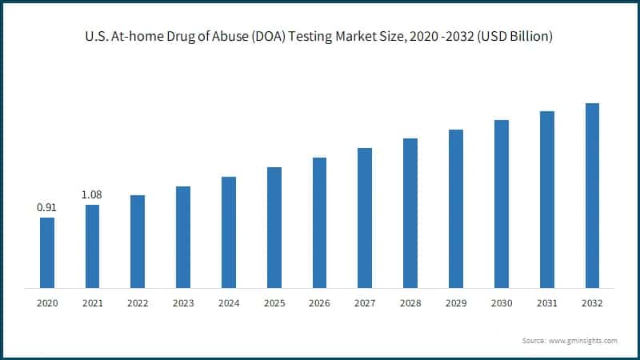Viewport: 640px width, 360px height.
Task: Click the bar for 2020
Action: click(x=47, y=252)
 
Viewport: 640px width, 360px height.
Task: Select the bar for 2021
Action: click(x=93, y=246)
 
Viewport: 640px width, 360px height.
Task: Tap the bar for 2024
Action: click(x=229, y=232)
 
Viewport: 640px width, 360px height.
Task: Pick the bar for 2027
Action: click(x=365, y=218)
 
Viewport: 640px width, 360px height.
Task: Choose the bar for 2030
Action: click(x=502, y=203)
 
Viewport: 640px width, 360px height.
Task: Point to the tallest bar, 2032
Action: click(x=592, y=195)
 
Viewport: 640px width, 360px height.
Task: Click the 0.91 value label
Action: click(x=47, y=207)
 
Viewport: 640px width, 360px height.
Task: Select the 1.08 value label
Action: click(x=93, y=194)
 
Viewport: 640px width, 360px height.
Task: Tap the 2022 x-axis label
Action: click(x=138, y=303)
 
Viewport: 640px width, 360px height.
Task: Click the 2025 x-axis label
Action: click(x=274, y=303)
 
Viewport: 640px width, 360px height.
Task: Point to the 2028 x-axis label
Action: click(x=410, y=303)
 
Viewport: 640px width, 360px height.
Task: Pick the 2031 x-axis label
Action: click(x=547, y=303)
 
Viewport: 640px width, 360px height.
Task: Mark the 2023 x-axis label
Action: click(x=183, y=303)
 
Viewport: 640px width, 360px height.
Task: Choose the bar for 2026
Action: click(x=320, y=222)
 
